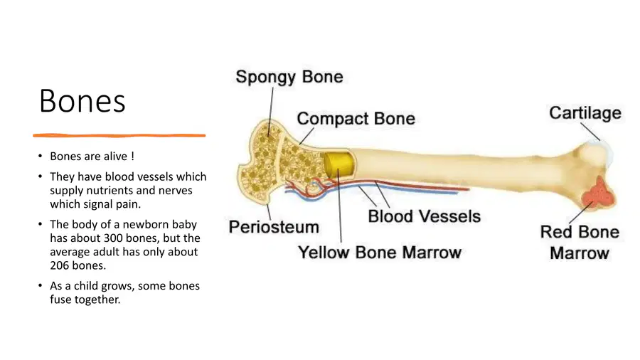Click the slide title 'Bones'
82,101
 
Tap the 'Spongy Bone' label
289,77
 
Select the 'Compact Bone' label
356,118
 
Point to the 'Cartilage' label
585,113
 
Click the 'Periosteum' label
274,227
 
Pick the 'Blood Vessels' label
424,216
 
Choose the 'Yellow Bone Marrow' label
380,253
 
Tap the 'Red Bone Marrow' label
580,243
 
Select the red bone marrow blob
599,193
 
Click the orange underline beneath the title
119,135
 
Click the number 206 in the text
60,265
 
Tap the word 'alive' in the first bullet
116,156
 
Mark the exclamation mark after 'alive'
133,156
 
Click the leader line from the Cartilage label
590,132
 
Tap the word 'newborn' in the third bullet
145,225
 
